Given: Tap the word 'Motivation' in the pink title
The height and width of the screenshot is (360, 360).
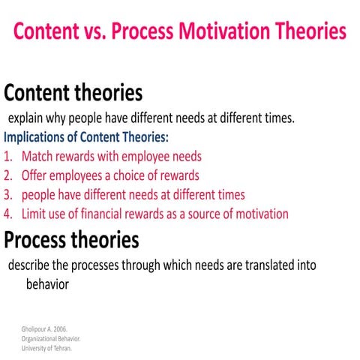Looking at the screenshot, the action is [x=224, y=31].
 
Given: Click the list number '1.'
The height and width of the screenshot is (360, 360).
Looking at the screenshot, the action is [x=8, y=157].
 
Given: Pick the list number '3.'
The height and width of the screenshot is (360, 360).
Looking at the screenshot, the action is [x=8, y=195].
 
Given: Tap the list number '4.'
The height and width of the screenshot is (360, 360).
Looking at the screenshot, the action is [x=8, y=214].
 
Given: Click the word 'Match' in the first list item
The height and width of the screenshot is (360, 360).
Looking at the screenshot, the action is [x=37, y=156].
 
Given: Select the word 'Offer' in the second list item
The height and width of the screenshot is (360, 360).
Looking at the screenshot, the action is [x=34, y=175].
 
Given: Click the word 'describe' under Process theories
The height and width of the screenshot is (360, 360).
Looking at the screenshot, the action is [x=28, y=265].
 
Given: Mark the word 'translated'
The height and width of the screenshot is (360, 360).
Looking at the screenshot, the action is [x=269, y=265].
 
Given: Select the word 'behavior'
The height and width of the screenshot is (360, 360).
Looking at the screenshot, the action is [x=47, y=284].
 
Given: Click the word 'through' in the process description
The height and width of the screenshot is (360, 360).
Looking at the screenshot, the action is [x=141, y=265].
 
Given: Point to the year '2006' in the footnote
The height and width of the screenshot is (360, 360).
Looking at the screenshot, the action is [x=60, y=329].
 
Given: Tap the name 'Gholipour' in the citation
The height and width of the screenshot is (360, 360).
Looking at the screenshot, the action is [x=33, y=329].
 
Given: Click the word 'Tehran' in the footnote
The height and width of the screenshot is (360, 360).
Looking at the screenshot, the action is [x=63, y=348].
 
